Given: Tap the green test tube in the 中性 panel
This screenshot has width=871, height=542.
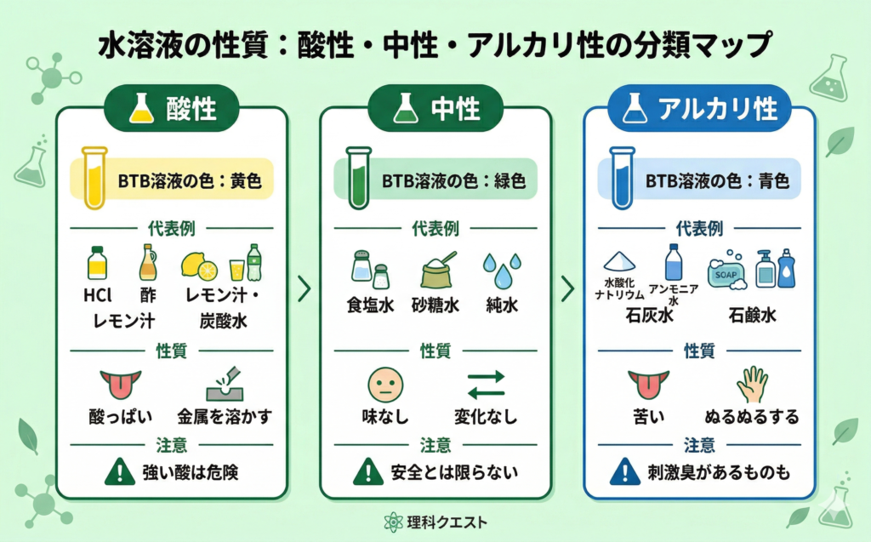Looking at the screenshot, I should point(356,178).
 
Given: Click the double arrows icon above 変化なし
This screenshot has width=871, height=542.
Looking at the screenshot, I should point(486,384).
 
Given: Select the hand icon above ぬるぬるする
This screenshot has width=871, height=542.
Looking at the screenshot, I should point(751,384).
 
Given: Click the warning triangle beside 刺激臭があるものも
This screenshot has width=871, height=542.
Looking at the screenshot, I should point(625,470).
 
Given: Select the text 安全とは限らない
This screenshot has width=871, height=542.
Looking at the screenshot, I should point(453,470).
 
